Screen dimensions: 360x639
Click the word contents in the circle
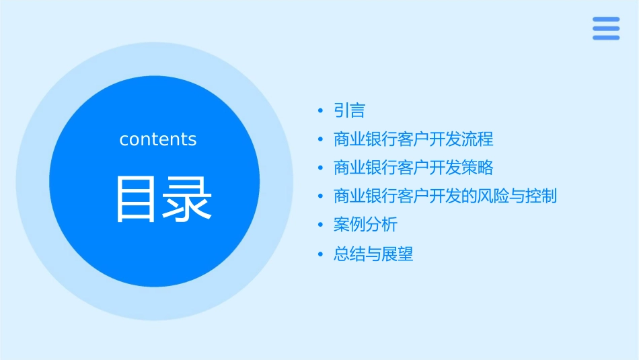pyautogui.click(x=158, y=139)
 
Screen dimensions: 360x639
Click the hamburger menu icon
pyautogui.click(x=606, y=28)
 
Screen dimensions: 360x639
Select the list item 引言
pyautogui.click(x=349, y=110)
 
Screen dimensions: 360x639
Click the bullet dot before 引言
pyautogui.click(x=321, y=110)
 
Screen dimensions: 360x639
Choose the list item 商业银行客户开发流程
pyautogui.click(x=413, y=139)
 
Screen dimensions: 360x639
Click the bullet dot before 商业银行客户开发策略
pyautogui.click(x=321, y=168)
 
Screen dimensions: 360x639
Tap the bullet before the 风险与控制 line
pyautogui.click(x=321, y=196)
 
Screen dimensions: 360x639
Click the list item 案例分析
pyautogui.click(x=365, y=225)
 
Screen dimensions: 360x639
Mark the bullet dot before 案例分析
pyautogui.click(x=321, y=225)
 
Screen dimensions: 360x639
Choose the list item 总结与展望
pyautogui.click(x=373, y=254)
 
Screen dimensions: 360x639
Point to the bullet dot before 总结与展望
pyautogui.click(x=321, y=254)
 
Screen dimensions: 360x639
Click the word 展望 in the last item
pyautogui.click(x=398, y=254)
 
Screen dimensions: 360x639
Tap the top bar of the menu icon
pyautogui.click(x=606, y=20)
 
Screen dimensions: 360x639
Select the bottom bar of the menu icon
pyautogui.click(x=606, y=38)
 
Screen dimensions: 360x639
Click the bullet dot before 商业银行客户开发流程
pyautogui.click(x=321, y=139)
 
